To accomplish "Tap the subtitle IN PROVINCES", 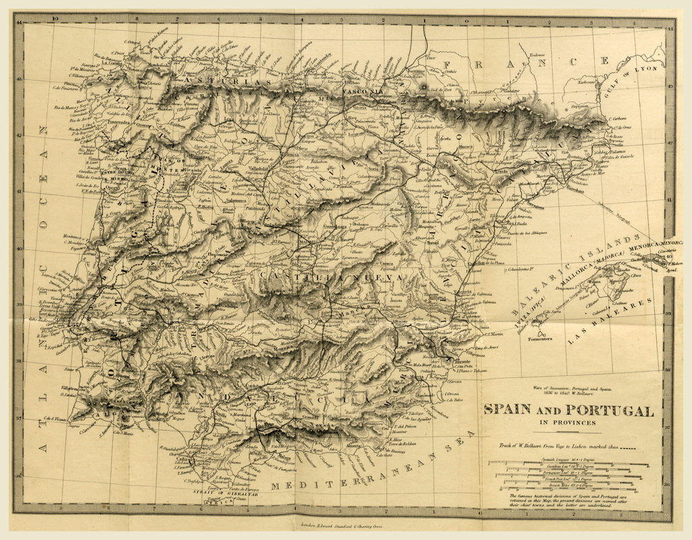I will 567,424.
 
